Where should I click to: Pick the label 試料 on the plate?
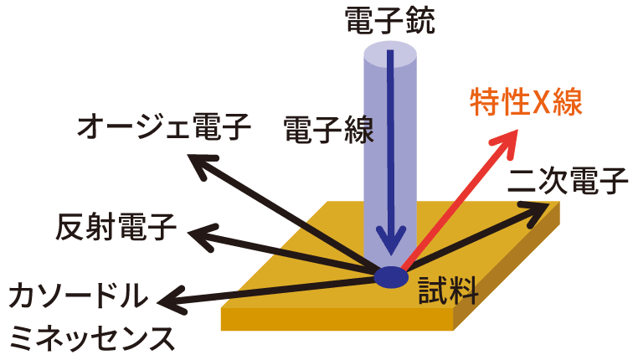[448, 291]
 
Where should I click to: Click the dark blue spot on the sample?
[390, 276]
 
